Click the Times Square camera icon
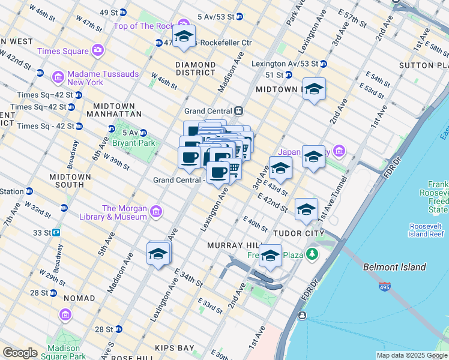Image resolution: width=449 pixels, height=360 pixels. [97, 51]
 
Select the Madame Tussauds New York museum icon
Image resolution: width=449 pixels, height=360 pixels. [58, 77]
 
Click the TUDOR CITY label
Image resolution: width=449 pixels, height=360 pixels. [298, 233]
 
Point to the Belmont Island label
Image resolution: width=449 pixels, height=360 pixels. [394, 267]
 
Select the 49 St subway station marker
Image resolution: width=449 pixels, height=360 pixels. [123, 12]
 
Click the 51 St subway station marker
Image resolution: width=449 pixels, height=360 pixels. [288, 75]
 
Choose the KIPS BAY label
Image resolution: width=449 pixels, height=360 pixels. [174, 348]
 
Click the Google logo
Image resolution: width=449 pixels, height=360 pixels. [20, 353]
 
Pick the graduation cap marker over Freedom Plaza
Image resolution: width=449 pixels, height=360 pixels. [270, 256]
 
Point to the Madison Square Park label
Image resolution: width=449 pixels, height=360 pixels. [64, 352]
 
